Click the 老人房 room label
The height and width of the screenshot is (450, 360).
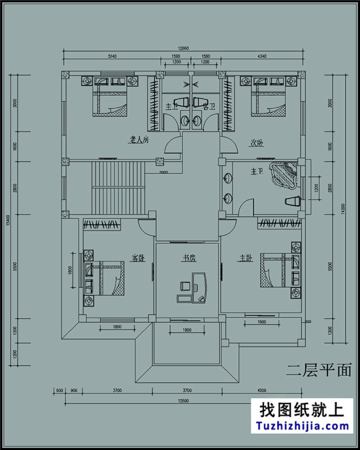click(139, 141)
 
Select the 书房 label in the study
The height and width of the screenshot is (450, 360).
click(190, 258)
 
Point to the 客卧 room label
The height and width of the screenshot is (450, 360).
click(138, 258)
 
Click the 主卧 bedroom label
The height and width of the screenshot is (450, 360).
click(245, 258)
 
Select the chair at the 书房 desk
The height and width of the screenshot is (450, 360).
click(185, 286)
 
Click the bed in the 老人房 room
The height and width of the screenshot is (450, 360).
click(111, 99)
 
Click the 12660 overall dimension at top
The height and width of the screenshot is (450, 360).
click(183, 48)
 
